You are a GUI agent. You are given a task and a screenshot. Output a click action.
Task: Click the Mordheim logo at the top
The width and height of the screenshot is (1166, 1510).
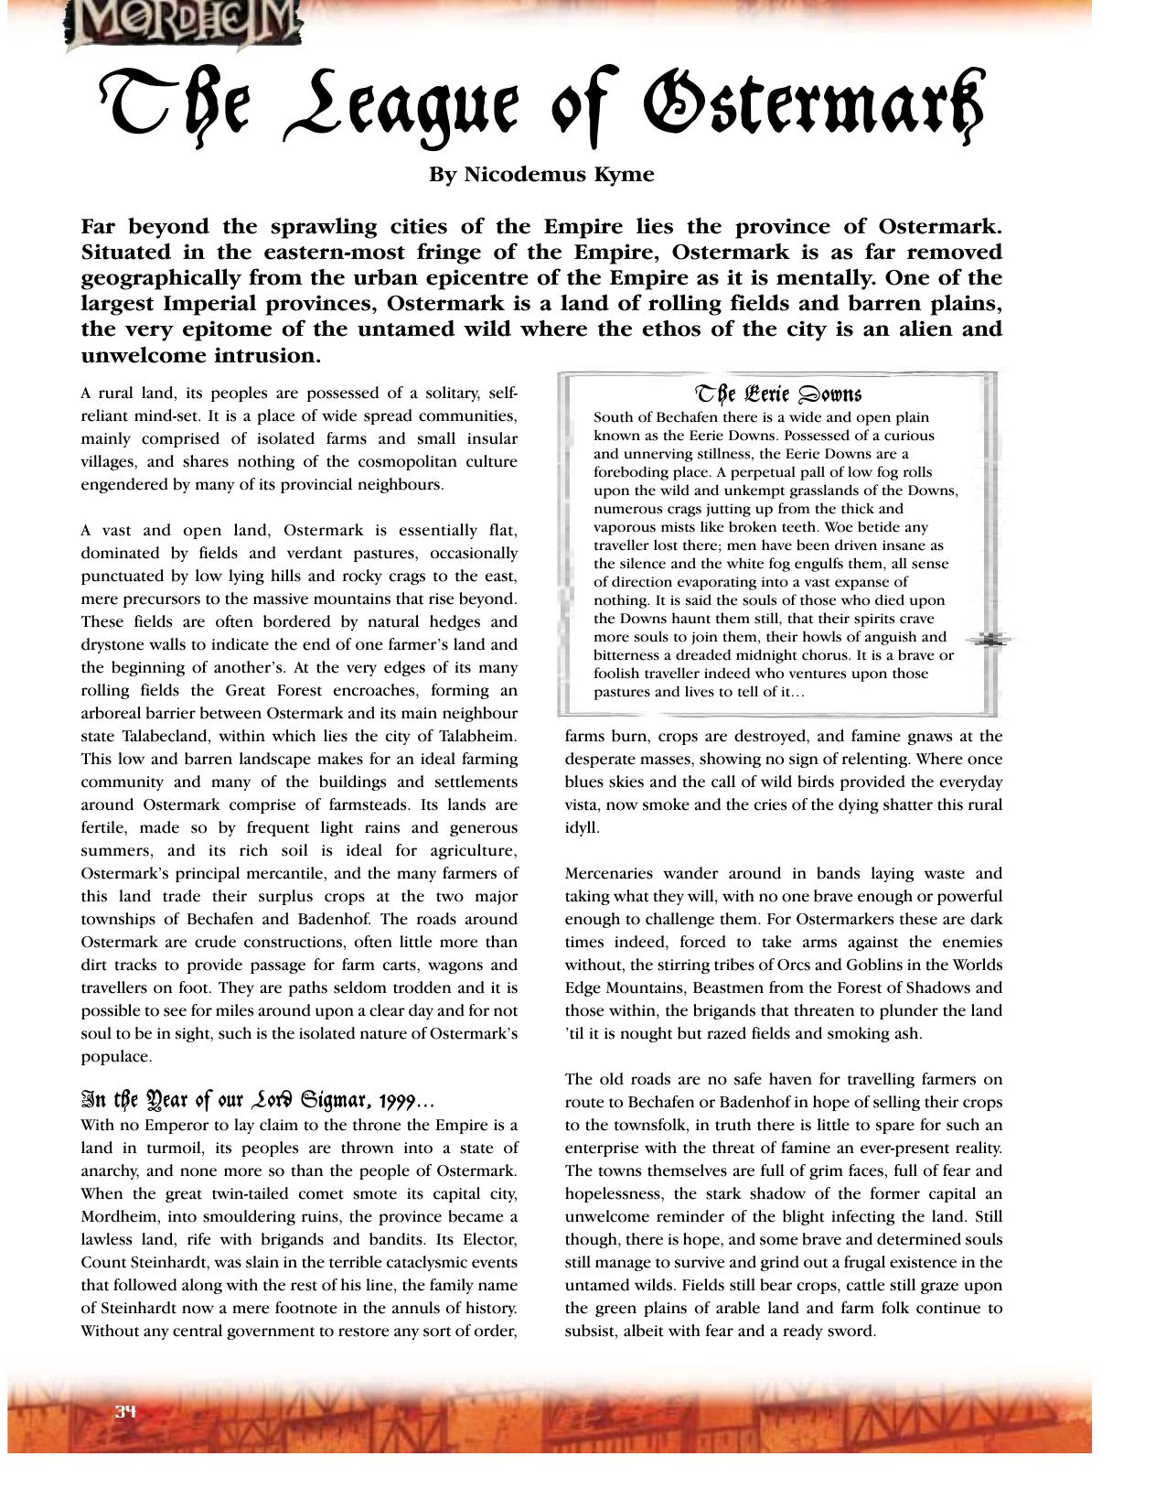(x=183, y=24)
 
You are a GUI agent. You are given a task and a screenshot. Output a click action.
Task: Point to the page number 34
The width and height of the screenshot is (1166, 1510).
(x=125, y=1410)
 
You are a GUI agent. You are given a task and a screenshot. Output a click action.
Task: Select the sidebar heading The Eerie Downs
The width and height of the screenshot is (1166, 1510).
(x=778, y=394)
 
